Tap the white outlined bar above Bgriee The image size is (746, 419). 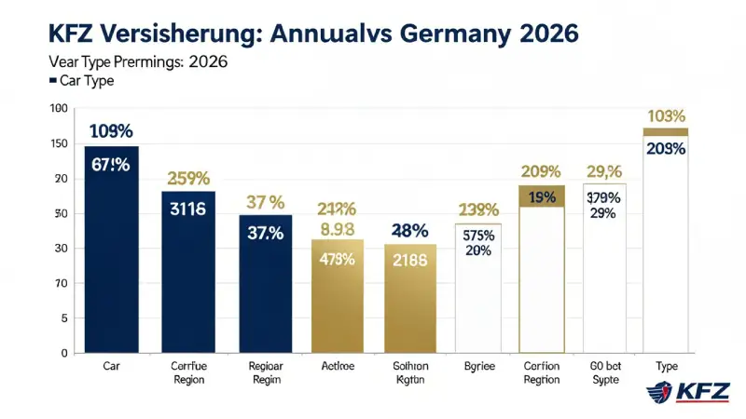pyautogui.click(x=477, y=289)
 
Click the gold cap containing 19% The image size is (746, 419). pyautogui.click(x=542, y=196)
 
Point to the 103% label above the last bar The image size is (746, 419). pyautogui.click(x=665, y=116)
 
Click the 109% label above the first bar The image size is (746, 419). pyautogui.click(x=111, y=131)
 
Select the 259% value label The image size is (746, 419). pyautogui.click(x=188, y=177)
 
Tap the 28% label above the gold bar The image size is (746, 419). pyautogui.click(x=410, y=230)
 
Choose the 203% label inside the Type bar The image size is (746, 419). pyautogui.click(x=665, y=149)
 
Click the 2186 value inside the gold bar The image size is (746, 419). pyautogui.click(x=410, y=261)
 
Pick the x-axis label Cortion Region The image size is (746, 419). pyautogui.click(x=542, y=373)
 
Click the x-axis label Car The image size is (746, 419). pyautogui.click(x=111, y=367)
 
